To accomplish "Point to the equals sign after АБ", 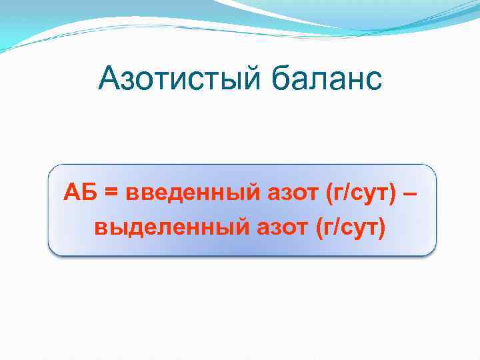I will click(x=111, y=195).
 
